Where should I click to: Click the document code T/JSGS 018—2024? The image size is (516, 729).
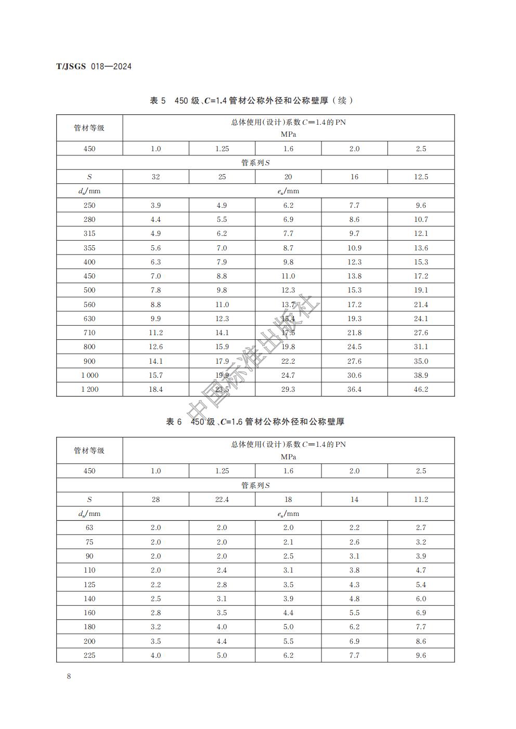94,67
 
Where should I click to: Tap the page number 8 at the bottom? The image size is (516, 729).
69,676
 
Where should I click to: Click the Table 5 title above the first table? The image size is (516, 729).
251,100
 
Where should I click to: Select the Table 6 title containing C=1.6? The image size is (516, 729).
255,422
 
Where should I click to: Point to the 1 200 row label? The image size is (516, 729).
89,389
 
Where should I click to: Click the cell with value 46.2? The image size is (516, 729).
421,389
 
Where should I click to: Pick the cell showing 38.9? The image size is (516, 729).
421,375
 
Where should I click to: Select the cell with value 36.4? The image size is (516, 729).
354,389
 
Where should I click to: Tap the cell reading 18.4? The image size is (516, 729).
156,389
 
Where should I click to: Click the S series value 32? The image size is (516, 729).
156,177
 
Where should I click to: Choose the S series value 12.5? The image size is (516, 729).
421,177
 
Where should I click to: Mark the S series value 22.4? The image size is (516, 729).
222,499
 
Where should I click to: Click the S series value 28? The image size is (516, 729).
156,499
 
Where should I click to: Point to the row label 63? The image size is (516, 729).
89,527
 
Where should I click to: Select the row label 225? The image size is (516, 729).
89,655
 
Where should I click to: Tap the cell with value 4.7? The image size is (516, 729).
421,570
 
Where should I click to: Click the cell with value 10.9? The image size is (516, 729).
354,248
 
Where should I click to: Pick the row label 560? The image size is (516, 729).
89,304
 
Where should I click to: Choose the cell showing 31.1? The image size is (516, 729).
421,347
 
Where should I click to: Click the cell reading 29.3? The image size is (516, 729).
288,389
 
